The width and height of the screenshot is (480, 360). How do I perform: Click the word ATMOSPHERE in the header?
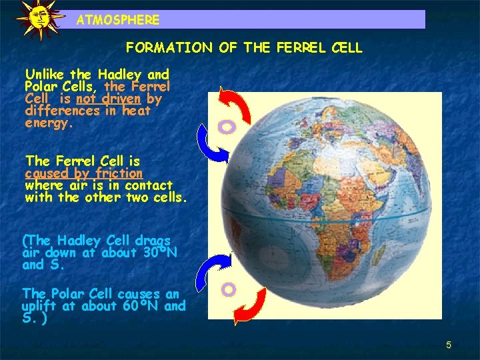pos(118,20)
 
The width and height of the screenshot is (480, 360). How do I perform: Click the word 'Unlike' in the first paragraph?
pos(45,74)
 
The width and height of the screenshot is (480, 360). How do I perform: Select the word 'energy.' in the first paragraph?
pos(48,124)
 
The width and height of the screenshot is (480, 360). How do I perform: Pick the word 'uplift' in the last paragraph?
pos(41,307)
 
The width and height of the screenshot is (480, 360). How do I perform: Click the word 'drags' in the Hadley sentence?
pos(153,241)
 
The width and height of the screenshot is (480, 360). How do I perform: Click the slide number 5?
pos(449,345)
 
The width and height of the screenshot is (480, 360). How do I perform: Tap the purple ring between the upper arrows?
pos(228,125)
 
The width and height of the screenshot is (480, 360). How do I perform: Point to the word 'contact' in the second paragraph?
pos(151,185)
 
